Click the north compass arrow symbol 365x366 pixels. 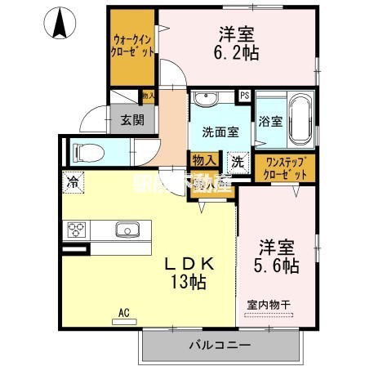point(60,22)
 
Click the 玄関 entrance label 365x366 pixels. point(132,119)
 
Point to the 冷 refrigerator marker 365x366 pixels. point(73,182)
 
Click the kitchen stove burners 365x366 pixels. point(78,229)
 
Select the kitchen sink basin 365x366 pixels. point(128,229)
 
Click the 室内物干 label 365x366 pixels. point(270,304)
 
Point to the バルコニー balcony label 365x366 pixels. point(198,346)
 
